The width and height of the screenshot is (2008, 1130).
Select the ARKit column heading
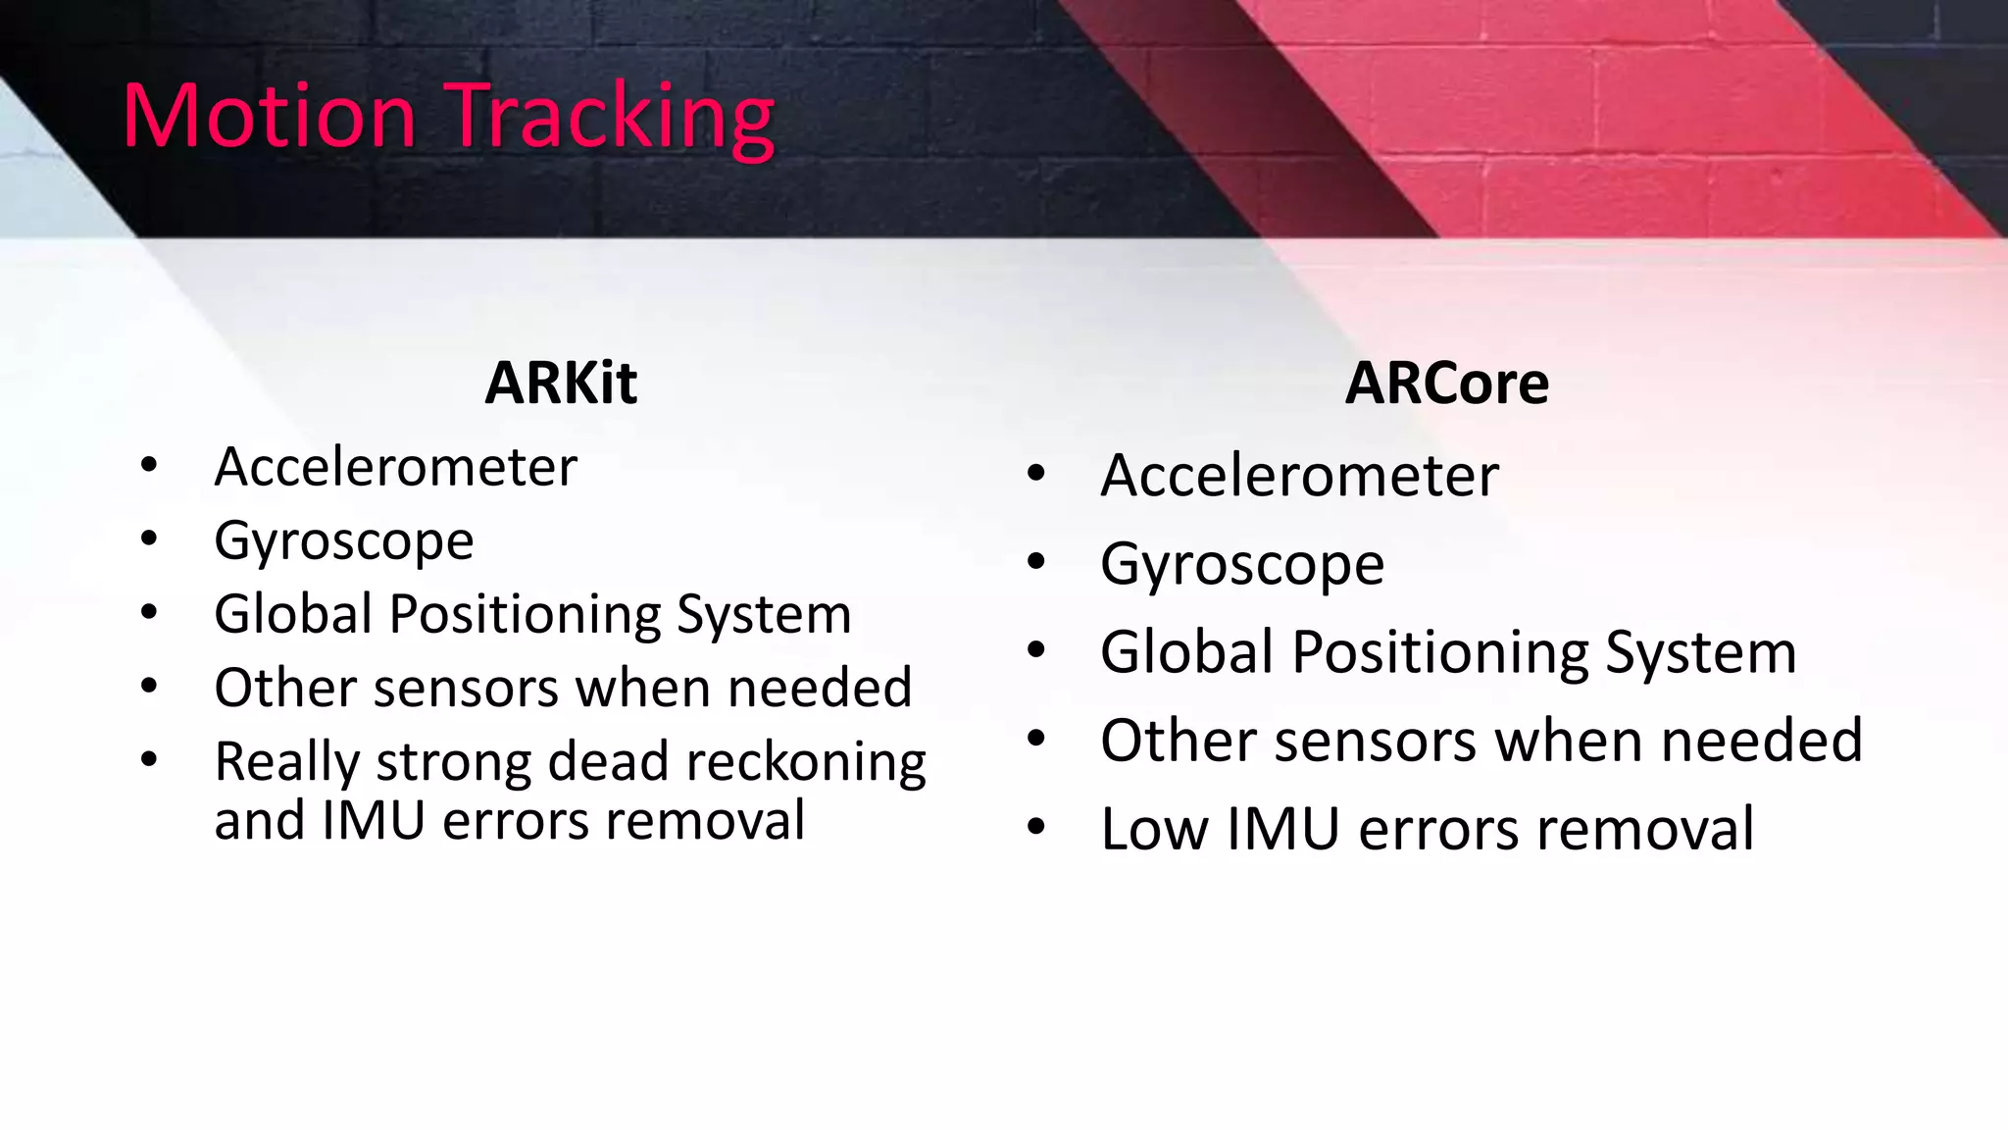click(x=561, y=383)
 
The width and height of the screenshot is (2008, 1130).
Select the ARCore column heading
click(x=1446, y=383)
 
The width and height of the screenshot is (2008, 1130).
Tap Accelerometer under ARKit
click(x=395, y=467)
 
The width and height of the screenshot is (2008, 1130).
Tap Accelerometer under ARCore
click(x=1299, y=476)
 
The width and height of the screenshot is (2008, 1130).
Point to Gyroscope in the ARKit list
click(x=343, y=541)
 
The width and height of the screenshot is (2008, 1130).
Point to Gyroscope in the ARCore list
click(x=1241, y=565)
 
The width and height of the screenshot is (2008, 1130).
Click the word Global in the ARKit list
click(x=292, y=614)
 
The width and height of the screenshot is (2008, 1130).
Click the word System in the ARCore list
click(x=1700, y=653)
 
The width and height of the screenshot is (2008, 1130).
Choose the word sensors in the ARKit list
click(x=466, y=689)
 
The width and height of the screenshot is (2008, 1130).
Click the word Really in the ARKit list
click(x=287, y=763)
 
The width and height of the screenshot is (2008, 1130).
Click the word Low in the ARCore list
click(x=1154, y=830)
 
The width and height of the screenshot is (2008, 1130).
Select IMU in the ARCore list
click(x=1282, y=830)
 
